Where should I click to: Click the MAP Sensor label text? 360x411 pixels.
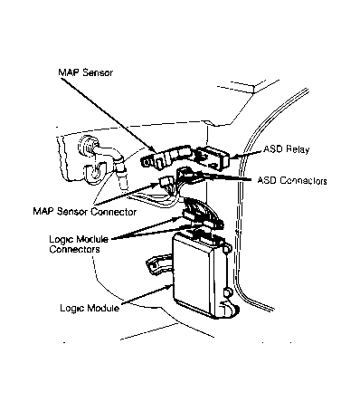(x=86, y=72)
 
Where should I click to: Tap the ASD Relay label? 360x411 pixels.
(x=287, y=149)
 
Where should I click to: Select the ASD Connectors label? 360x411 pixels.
(x=292, y=180)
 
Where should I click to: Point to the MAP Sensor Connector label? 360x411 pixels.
(x=85, y=211)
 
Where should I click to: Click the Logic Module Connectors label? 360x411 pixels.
(x=79, y=244)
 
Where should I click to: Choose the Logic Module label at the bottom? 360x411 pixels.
(x=90, y=308)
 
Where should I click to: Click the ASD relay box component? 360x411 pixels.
(x=213, y=158)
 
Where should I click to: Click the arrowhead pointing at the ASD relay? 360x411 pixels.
(x=233, y=157)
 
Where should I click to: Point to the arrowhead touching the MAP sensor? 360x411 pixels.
(x=153, y=149)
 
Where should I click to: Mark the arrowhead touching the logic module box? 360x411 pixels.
(x=168, y=287)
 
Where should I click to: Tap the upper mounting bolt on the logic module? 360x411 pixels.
(x=228, y=248)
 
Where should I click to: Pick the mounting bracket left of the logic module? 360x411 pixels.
(x=159, y=263)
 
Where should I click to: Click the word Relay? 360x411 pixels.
(x=298, y=149)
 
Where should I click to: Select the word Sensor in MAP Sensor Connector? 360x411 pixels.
(x=72, y=211)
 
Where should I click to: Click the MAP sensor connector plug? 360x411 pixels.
(x=166, y=182)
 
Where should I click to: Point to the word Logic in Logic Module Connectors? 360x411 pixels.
(x=62, y=240)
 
